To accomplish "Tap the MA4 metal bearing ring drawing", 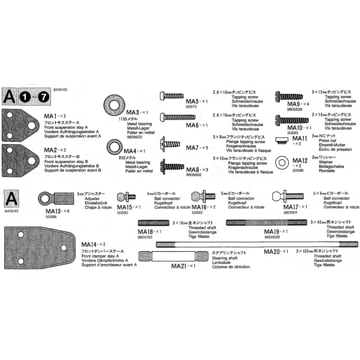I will click(x=114, y=147).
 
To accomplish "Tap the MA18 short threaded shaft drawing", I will click(x=153, y=222).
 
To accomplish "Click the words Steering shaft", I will click(x=225, y=258).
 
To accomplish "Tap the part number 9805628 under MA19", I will click(x=273, y=237).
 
